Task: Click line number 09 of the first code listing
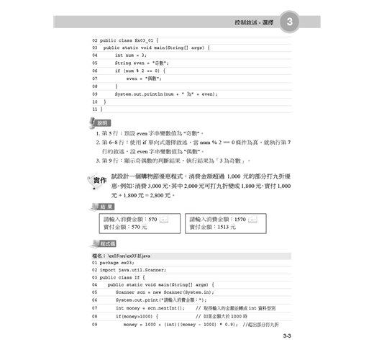coord(94,94)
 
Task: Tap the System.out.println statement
coord(165,94)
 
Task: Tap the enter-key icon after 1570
coord(252,219)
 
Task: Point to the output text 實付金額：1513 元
coord(213,227)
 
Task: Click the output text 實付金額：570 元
coord(125,227)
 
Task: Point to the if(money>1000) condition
coord(137,316)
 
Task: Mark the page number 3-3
coord(286,336)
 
